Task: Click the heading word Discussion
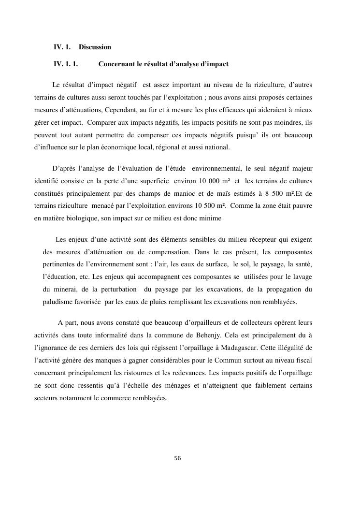(x=95, y=47)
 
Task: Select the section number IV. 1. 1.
(x=66, y=64)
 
